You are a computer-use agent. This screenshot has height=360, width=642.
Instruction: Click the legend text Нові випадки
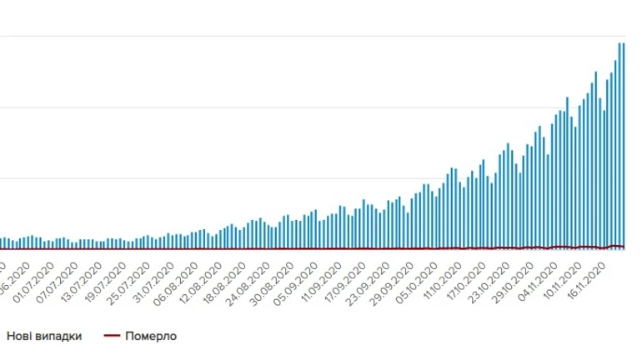tap(44, 337)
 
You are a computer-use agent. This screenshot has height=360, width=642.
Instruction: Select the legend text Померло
tap(151, 337)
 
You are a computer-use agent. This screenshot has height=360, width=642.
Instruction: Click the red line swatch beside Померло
tap(112, 337)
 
